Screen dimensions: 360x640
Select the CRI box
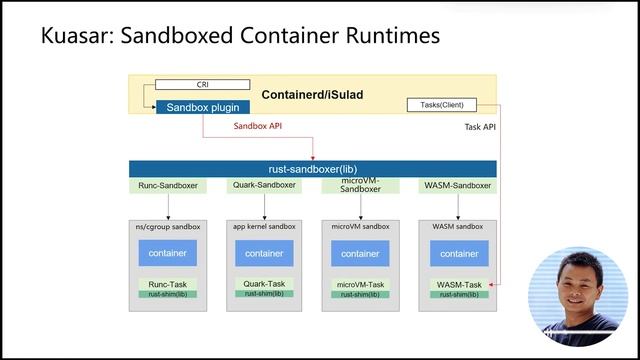(203, 85)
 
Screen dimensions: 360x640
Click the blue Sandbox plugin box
(203, 106)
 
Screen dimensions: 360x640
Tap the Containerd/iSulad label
(312, 95)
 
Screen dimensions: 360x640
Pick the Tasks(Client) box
(442, 105)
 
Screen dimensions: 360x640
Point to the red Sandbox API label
(258, 127)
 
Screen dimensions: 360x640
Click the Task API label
(480, 127)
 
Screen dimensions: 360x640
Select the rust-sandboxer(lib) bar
(312, 169)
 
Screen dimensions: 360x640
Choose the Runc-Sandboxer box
(168, 185)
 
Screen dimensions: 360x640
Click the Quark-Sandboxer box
(264, 185)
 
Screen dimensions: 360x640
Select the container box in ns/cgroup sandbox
(168, 253)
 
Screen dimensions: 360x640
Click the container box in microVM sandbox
(361, 253)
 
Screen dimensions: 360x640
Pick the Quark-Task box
(264, 284)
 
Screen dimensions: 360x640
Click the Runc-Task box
(168, 284)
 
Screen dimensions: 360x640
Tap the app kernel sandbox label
(264, 227)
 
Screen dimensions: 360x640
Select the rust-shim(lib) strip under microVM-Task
(361, 294)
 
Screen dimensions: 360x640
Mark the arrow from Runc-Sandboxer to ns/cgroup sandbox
(168, 206)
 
